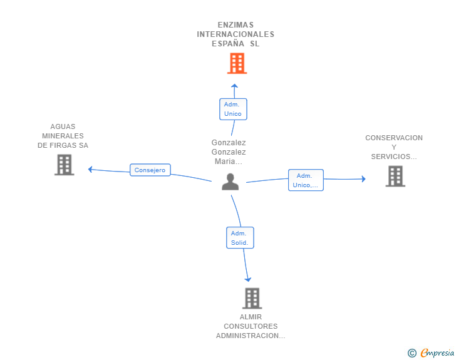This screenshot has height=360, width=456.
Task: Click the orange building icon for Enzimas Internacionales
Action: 237,63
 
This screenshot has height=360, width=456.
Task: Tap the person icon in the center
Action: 231,182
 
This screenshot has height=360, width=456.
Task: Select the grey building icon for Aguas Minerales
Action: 64,165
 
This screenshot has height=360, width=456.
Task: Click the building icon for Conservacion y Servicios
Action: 395,176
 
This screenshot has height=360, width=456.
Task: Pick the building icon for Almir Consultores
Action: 252,298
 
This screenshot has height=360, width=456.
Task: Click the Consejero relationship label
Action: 150,170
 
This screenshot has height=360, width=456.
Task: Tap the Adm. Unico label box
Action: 233,109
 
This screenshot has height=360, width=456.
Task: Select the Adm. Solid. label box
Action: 240,237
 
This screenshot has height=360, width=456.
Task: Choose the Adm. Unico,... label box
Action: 306,180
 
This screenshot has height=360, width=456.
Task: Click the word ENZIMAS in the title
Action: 236,25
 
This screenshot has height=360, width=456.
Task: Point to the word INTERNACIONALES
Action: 236,34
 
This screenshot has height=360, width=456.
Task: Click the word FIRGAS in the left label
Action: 64,145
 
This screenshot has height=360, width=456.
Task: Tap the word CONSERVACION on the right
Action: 394,138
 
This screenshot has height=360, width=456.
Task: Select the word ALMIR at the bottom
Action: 251,317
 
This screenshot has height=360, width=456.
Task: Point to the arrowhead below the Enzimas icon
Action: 234,86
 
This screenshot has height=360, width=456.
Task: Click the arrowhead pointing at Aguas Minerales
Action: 91,169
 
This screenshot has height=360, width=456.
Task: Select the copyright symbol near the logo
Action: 412,353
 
